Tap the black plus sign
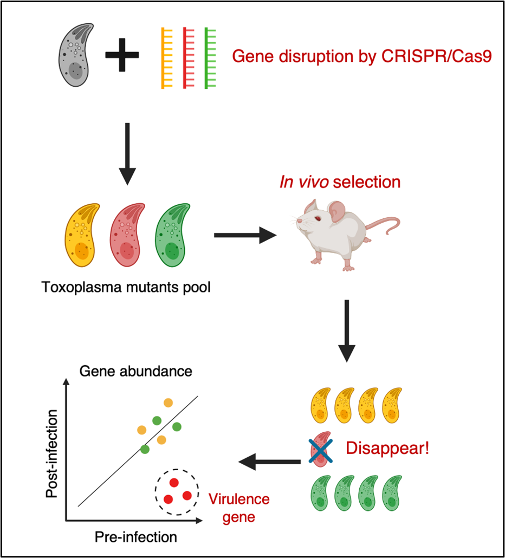pyautogui.click(x=122, y=55)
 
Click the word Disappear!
pyautogui.click(x=387, y=449)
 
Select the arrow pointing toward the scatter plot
pyautogui.click(x=270, y=462)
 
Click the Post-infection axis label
pyautogui.click(x=51, y=455)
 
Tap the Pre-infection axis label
pyautogui.click(x=136, y=537)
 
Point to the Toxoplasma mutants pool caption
pyautogui.click(x=126, y=286)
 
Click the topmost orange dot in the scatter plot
pyautogui.click(x=168, y=403)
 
